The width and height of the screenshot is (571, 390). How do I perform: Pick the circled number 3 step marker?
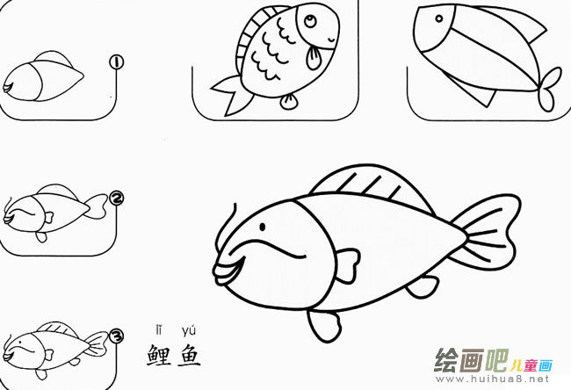[116, 336]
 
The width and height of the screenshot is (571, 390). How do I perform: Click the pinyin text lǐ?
[160, 330]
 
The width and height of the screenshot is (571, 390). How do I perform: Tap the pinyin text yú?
[188, 331]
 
